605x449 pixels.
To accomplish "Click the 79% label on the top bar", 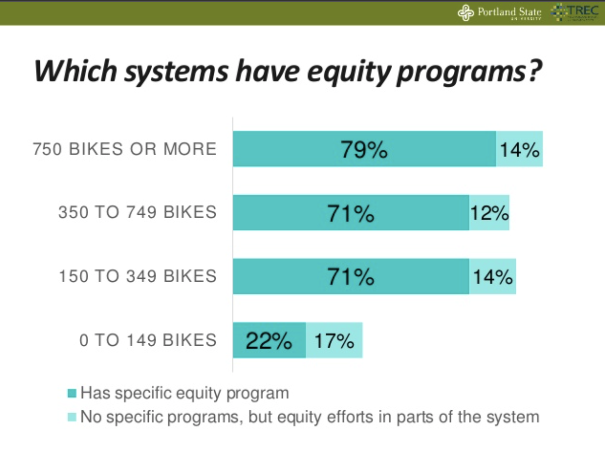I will coord(364,150).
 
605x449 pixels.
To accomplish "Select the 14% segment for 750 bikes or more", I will coord(519,149).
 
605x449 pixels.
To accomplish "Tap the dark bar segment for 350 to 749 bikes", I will coord(350,213).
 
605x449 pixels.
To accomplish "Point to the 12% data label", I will coord(489,213).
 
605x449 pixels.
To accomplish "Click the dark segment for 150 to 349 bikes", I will coord(350,277).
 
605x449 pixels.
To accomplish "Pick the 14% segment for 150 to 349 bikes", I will coord(493,277).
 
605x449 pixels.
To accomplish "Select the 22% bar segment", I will coord(269,341).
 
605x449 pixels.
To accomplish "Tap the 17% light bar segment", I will coord(334,341).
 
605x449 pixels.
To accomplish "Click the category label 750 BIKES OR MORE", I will coord(125,149).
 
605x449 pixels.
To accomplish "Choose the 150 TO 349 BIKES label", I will coord(137,276).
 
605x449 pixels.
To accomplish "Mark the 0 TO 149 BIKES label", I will coord(148,340).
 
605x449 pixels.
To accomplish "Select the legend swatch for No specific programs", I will coord(72,417).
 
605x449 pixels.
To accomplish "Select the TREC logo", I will coord(578,12).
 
